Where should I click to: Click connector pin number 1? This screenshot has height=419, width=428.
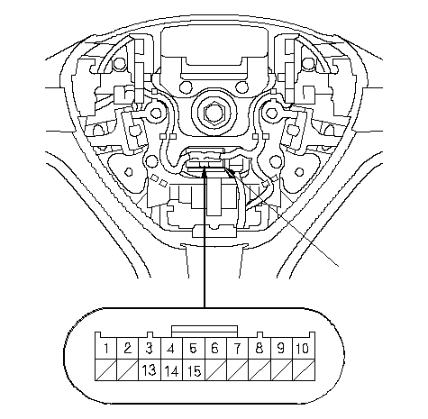point(105,349)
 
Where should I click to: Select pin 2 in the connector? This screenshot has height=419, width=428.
point(128,349)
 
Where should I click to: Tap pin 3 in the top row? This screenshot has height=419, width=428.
point(150,349)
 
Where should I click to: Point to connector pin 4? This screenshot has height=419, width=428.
point(171,349)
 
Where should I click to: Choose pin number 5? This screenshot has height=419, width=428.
point(194,349)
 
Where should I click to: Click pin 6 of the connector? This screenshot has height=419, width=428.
point(215,349)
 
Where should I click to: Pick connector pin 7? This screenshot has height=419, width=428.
point(238,349)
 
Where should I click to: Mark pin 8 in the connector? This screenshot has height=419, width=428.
point(260,349)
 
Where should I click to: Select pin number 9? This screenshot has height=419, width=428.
point(281,349)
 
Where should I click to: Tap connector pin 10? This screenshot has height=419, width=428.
point(304,349)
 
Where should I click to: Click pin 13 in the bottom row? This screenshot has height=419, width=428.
point(150,370)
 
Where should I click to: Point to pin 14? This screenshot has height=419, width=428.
point(171,370)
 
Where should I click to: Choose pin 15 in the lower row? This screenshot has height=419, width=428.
point(194,370)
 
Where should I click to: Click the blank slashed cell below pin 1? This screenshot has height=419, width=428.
point(105,370)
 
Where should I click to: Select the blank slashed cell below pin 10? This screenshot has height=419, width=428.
point(304,370)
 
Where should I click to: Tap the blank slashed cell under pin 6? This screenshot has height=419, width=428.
point(215,370)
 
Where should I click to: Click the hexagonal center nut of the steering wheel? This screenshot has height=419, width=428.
point(214,113)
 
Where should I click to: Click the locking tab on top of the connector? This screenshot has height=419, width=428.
point(205,332)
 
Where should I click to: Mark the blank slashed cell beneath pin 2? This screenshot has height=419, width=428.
point(128,370)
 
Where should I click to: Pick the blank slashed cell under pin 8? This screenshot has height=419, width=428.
point(260,370)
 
